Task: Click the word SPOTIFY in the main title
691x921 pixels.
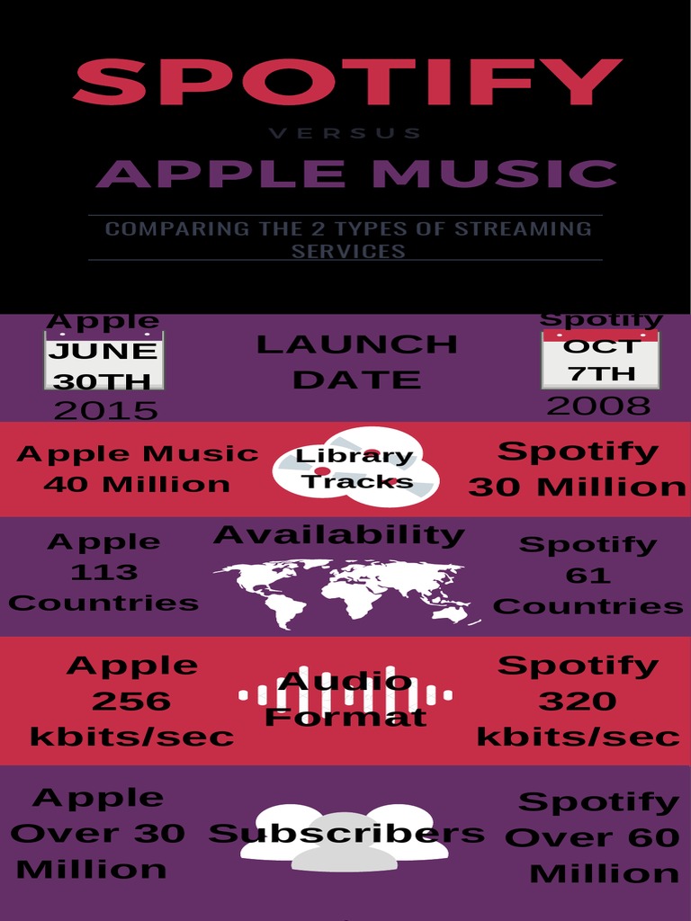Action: tap(346, 83)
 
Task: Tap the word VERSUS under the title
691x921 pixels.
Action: tap(345, 133)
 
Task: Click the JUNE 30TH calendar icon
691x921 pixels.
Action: tap(103, 360)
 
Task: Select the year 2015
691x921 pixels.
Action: tap(105, 410)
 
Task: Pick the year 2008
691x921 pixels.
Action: tap(598, 406)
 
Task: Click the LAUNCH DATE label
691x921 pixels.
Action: tap(356, 361)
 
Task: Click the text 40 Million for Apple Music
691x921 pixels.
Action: tap(137, 484)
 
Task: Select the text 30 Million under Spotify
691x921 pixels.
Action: tap(577, 487)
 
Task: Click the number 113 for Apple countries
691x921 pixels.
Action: tap(104, 572)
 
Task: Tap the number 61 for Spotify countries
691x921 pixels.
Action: tap(588, 575)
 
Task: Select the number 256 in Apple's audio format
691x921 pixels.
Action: tap(131, 701)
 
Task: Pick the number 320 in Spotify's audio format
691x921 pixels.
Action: tap(578, 701)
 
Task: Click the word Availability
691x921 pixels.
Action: tap(339, 535)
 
